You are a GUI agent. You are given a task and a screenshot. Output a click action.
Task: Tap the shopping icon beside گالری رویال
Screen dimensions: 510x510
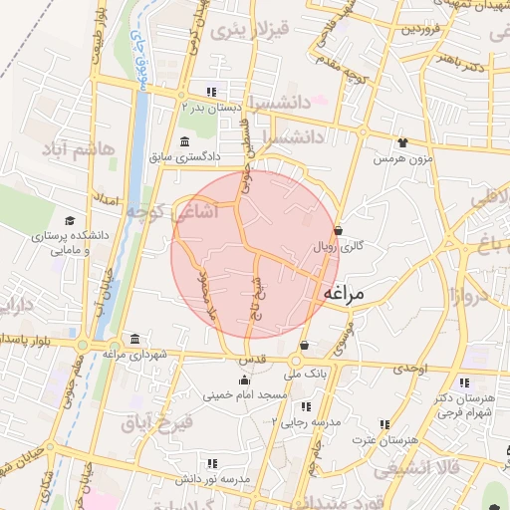(339, 230)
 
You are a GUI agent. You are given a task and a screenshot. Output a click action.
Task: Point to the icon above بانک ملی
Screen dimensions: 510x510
(304, 346)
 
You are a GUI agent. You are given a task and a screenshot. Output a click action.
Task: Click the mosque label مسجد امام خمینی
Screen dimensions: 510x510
(244, 395)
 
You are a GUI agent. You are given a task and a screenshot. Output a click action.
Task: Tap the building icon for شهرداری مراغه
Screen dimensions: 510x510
(134, 339)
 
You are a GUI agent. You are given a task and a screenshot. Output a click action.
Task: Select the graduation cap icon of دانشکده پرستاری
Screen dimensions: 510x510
(69, 221)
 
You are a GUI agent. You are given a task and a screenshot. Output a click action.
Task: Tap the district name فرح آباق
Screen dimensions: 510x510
(156, 423)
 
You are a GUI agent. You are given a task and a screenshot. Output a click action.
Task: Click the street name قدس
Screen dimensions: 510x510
(248, 358)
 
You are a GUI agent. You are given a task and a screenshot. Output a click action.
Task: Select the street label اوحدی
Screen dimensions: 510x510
(408, 369)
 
